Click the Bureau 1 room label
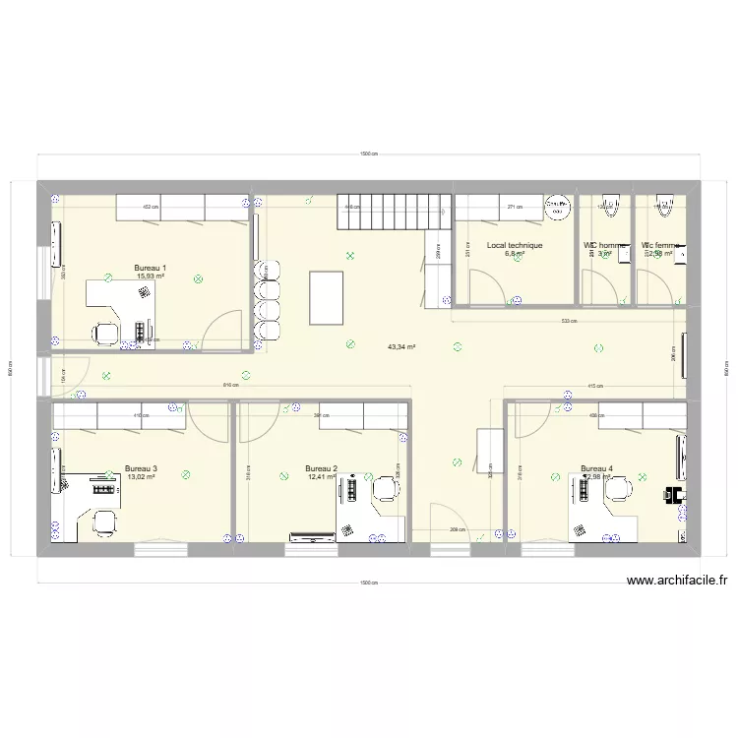[150, 268]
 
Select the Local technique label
[515, 246]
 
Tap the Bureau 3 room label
[142, 468]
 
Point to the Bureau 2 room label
[322, 468]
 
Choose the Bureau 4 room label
[596, 468]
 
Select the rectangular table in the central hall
[326, 296]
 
